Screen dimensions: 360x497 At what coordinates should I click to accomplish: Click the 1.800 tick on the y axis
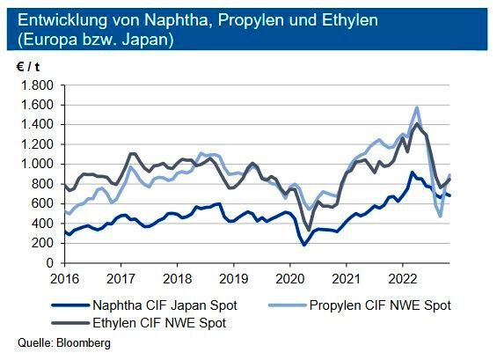[x=38, y=85]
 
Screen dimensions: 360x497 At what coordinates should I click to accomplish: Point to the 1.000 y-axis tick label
[x=38, y=165]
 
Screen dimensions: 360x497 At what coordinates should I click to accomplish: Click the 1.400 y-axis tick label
[x=38, y=125]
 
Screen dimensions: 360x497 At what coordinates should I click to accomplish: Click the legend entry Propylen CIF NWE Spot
[x=381, y=305]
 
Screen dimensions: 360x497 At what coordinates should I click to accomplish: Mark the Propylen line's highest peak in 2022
[x=416, y=107]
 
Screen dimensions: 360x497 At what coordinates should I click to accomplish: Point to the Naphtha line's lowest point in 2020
[x=304, y=245]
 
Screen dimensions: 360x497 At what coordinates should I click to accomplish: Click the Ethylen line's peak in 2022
[x=417, y=124]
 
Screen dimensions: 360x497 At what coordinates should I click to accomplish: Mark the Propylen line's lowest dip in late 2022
[x=441, y=215]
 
